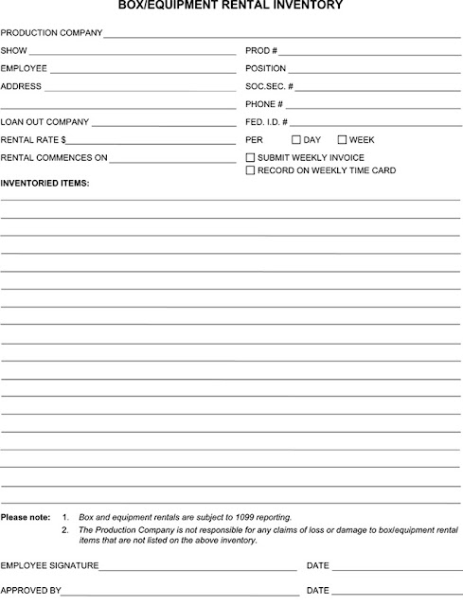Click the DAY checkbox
[296, 139]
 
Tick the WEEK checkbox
[342, 139]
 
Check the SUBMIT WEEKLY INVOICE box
[250, 157]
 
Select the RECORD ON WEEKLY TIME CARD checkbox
[250, 170]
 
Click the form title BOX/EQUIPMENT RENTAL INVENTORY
[231, 7]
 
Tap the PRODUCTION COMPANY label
[51, 32]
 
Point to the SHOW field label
[14, 50]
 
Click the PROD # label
[261, 50]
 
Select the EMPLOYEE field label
[24, 68]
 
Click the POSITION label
[265, 68]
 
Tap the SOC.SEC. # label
[269, 86]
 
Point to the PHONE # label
[264, 104]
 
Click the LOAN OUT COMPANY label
[45, 122]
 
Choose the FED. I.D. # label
[266, 122]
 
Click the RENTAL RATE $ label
[33, 140]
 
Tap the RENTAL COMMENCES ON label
[54, 158]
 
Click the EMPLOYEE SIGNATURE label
[49, 565]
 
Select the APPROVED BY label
[31, 590]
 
